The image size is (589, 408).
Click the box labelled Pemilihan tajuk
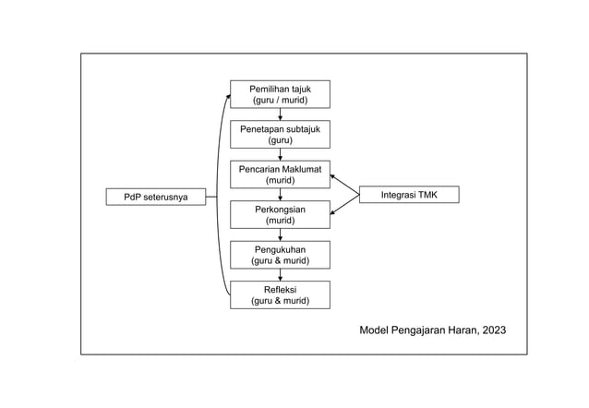(280, 94)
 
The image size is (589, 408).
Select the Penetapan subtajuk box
(280, 135)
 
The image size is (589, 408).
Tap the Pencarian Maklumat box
(280, 174)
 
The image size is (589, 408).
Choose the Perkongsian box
(280, 215)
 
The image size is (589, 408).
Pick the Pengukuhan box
(280, 254)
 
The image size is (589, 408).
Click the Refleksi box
(280, 294)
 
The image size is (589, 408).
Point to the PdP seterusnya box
(155, 197)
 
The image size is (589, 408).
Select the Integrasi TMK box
(408, 195)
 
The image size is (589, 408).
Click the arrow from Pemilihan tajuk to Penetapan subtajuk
(280, 114)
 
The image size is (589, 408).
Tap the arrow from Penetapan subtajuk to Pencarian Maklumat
(280, 154)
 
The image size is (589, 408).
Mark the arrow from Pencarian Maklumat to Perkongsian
(280, 195)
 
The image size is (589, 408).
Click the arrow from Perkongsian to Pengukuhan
(280, 234)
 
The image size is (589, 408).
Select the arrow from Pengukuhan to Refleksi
(280, 274)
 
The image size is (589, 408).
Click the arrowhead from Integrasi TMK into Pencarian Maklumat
(334, 176)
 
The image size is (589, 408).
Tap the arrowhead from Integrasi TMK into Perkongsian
(334, 212)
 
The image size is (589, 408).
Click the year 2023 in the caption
(492, 330)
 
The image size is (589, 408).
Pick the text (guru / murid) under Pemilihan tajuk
(280, 100)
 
